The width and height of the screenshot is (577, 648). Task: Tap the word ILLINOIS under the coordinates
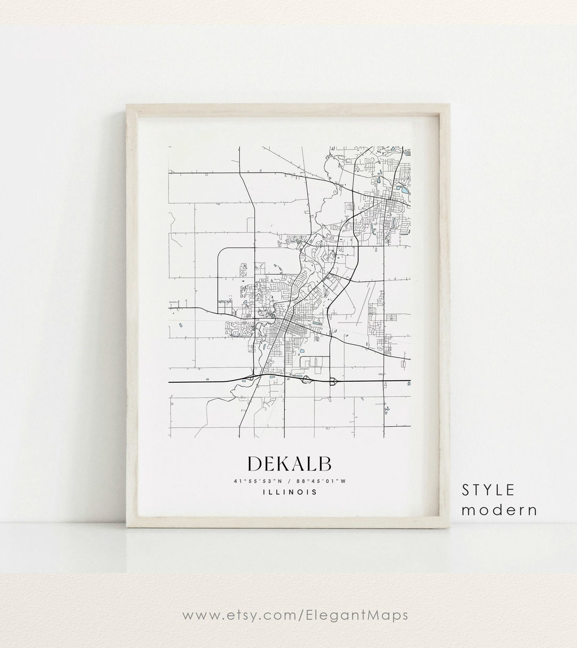290,492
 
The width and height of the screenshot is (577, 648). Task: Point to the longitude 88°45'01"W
322,481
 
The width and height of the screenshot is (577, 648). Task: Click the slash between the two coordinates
289,481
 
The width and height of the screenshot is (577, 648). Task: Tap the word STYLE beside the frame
488,489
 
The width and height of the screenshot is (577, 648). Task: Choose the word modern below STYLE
500,510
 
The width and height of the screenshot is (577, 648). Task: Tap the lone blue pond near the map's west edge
180,324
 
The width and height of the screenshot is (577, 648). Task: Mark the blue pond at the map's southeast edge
409,383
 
